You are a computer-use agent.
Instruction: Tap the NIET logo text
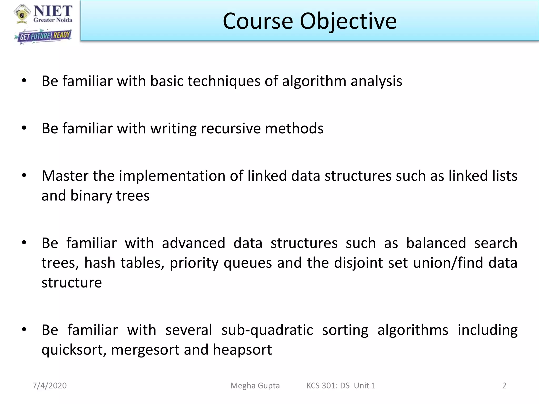tap(53, 11)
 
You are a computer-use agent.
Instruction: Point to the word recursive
tap(231, 129)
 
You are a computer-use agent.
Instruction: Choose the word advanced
tap(193, 243)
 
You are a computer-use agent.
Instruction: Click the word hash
tap(100, 263)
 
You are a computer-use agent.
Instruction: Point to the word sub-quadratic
tap(267, 330)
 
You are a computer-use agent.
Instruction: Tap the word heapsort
tap(242, 350)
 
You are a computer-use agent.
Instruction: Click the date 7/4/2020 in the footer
tap(49, 386)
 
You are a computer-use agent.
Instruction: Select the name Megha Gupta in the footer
tap(255, 386)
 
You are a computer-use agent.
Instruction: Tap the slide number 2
tap(504, 386)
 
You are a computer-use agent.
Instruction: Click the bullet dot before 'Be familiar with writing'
tap(24, 128)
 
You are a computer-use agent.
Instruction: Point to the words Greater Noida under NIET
tap(53, 20)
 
